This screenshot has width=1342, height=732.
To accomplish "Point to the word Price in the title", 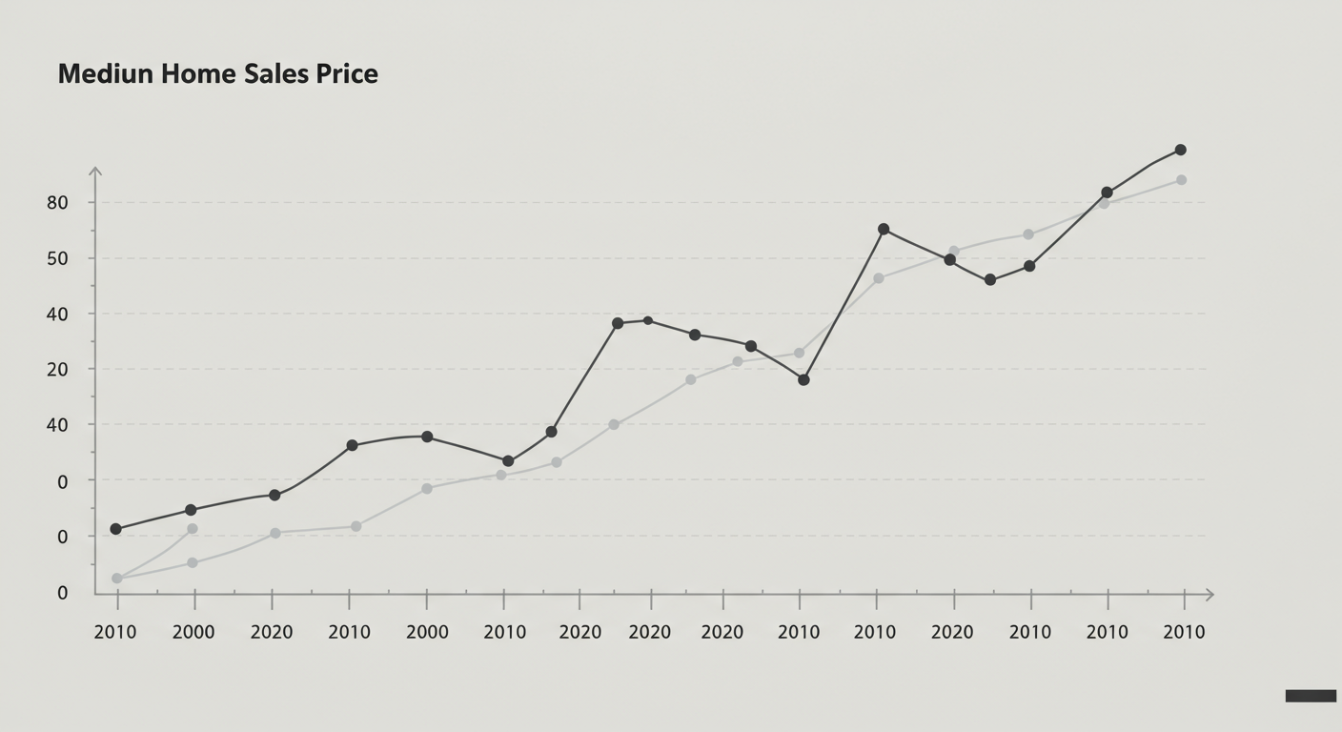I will (347, 74).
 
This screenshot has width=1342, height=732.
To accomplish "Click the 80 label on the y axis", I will (57, 203).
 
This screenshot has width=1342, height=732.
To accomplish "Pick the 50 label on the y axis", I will (57, 258).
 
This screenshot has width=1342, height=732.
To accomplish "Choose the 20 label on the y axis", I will (57, 369).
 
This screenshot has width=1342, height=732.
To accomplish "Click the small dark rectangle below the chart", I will (1311, 696).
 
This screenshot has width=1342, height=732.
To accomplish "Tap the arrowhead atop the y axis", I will (95, 171).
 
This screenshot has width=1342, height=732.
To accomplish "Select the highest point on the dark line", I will (1181, 150).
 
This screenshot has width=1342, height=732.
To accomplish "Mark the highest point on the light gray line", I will (1181, 180).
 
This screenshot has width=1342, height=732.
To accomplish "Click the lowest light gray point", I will (117, 579).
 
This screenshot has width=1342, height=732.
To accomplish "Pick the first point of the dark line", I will (116, 529).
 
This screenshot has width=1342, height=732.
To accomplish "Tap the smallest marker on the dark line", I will (648, 320).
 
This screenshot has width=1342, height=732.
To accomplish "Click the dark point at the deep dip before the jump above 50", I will (803, 379).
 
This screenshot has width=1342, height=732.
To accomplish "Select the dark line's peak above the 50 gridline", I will (884, 230).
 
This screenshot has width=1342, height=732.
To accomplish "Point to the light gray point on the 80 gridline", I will (1104, 203).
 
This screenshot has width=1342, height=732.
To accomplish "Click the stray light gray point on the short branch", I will (193, 529).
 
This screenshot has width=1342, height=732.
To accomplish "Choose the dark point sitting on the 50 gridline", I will (949, 259).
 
